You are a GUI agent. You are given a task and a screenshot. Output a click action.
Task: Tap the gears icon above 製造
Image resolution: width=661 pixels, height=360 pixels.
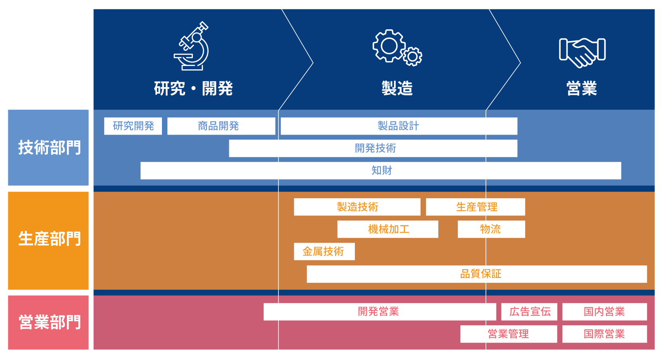397,47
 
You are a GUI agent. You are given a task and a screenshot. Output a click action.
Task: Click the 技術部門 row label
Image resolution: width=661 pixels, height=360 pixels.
49,147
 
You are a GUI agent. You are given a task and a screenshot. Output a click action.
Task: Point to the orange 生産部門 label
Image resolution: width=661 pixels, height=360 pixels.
49,239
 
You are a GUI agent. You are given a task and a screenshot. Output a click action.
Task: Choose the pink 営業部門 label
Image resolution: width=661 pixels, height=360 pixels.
49,322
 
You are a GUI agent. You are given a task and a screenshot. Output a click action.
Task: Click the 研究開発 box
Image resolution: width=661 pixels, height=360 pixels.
133,126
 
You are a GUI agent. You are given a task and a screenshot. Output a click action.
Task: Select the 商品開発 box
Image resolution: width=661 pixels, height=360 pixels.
221,126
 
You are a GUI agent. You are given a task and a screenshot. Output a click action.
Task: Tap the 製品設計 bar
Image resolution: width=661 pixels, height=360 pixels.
399,126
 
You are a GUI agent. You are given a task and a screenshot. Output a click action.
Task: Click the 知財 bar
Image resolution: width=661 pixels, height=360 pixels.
380,171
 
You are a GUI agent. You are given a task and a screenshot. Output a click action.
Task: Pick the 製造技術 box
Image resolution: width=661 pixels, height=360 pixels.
357,207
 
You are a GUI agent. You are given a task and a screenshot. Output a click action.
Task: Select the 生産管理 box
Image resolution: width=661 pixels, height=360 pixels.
476,207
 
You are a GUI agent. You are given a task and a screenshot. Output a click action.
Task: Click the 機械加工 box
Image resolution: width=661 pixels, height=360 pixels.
388,229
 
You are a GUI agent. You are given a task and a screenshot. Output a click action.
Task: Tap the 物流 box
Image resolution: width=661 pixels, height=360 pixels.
491,229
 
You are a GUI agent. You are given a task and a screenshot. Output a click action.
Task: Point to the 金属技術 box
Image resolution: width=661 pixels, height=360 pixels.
324,251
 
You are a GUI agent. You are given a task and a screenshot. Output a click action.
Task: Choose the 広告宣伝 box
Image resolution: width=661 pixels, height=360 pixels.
529,312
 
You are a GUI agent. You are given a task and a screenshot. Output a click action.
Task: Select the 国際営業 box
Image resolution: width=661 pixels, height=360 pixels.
604,334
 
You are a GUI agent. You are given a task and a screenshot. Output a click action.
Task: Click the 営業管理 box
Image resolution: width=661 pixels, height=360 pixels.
509,334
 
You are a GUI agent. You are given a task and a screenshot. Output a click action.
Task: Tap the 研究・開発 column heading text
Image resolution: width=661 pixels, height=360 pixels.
193,88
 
